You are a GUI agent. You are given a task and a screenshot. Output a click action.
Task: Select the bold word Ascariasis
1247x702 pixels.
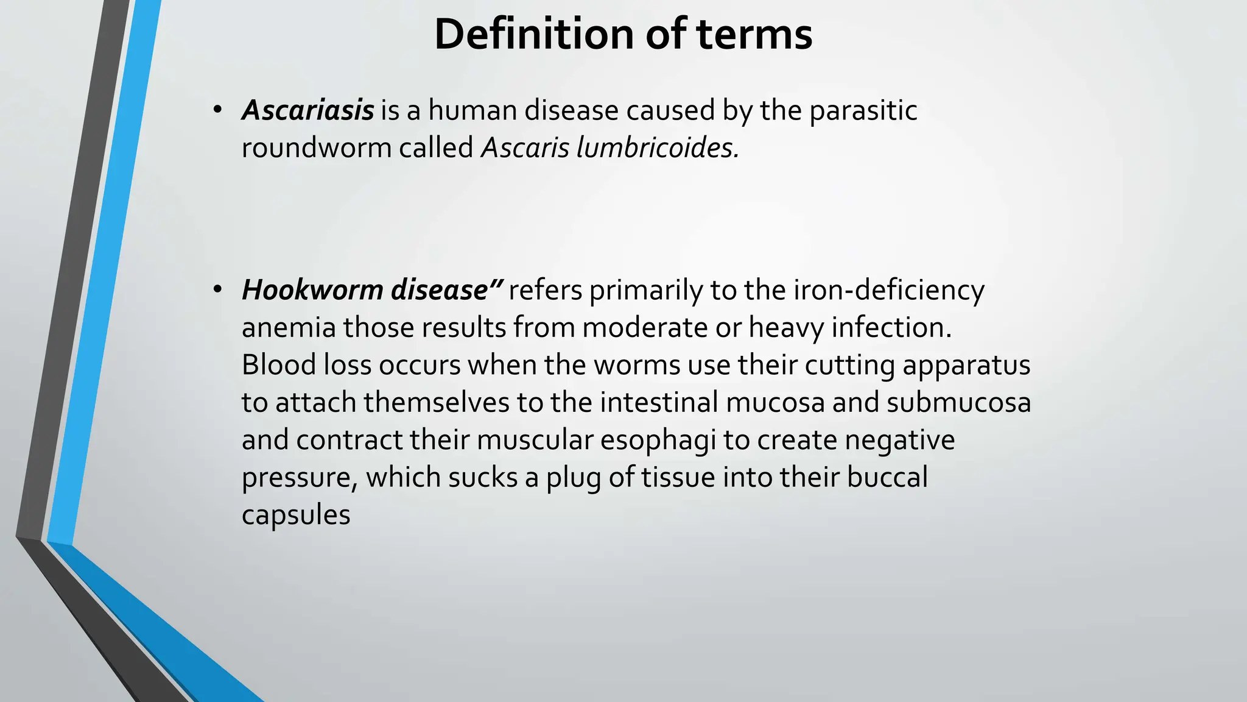(307, 110)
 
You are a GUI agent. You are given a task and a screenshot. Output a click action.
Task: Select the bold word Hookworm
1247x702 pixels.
(312, 289)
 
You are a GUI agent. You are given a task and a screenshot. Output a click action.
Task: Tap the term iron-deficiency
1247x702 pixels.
(888, 289)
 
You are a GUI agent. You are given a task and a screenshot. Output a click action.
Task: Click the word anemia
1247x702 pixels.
(289, 327)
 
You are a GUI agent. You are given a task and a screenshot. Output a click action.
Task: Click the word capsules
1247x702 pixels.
(296, 515)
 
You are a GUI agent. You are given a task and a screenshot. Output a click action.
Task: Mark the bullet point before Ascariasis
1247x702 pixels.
(217, 110)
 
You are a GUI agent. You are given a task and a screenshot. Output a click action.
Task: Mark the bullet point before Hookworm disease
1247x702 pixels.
(217, 289)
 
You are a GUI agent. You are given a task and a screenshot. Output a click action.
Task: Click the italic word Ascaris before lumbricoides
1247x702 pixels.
(525, 147)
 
